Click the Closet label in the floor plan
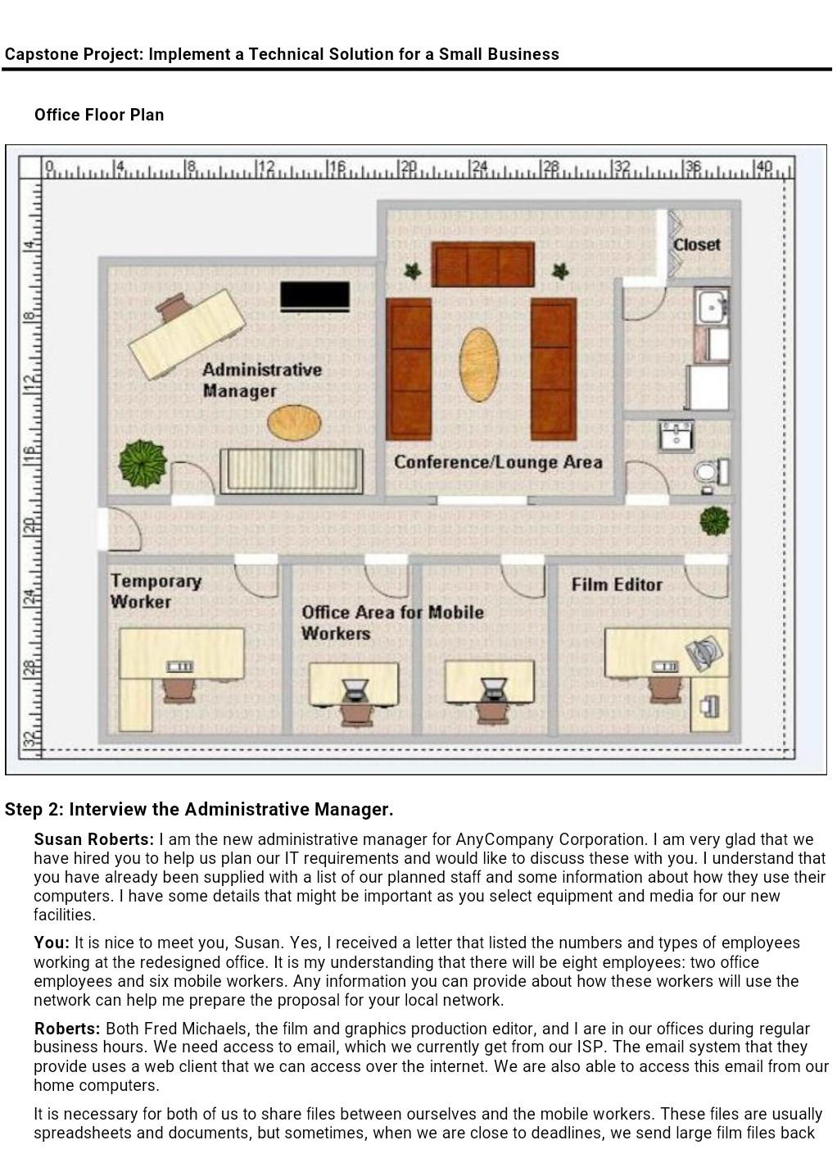coord(696,244)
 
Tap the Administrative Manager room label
coord(261,380)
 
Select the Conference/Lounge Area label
coord(498,462)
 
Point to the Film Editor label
coord(617,584)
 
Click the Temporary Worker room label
coord(156,591)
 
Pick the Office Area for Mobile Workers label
coord(391,623)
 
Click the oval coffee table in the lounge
coord(478,364)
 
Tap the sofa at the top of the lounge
coord(482,264)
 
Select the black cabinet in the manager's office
coord(314,296)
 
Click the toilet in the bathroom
coord(709,473)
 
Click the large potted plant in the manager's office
coord(143,464)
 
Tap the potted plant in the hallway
coord(714,520)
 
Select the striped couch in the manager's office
coord(291,470)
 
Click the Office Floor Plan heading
coord(99,115)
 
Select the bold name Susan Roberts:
coord(93,839)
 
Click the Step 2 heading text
coord(199,810)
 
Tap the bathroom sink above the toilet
coord(676,435)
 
